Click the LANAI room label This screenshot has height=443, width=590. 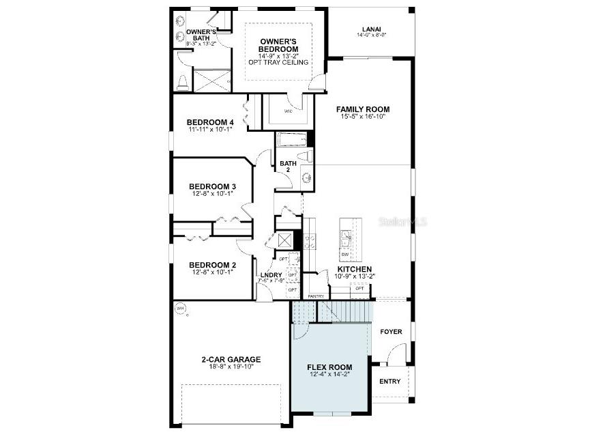(x=371, y=29)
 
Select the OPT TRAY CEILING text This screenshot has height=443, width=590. (x=279, y=63)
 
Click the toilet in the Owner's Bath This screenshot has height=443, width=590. (x=182, y=83)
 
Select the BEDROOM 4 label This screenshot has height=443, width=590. (x=211, y=122)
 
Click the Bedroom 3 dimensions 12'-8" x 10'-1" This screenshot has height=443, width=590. (x=212, y=194)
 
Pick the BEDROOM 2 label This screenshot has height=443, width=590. (x=212, y=265)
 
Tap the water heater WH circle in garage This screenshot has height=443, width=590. (x=181, y=309)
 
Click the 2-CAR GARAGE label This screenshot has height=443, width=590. (x=231, y=359)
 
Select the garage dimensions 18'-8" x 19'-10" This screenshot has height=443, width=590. (x=231, y=367)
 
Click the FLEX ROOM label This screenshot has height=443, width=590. (x=330, y=366)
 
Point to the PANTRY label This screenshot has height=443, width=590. (x=315, y=296)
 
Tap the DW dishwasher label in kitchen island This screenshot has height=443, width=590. (x=345, y=255)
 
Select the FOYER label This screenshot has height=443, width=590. (x=392, y=332)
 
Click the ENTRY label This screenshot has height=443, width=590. (x=390, y=381)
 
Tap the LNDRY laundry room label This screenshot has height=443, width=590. (x=271, y=275)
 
